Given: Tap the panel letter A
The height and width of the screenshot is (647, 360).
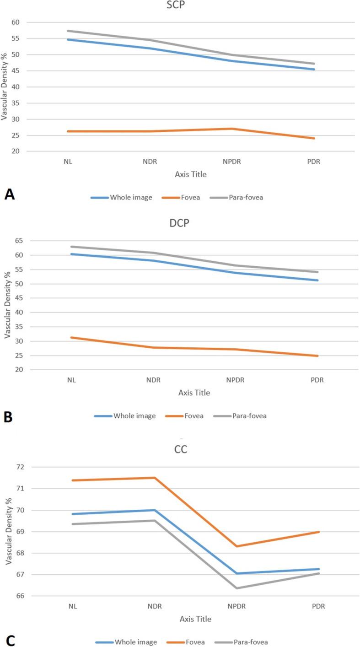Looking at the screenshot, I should click(x=10, y=194).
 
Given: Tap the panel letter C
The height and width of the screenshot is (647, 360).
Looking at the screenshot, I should click(x=10, y=640).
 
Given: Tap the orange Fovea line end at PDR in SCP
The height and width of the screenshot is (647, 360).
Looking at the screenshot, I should click(x=314, y=138).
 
